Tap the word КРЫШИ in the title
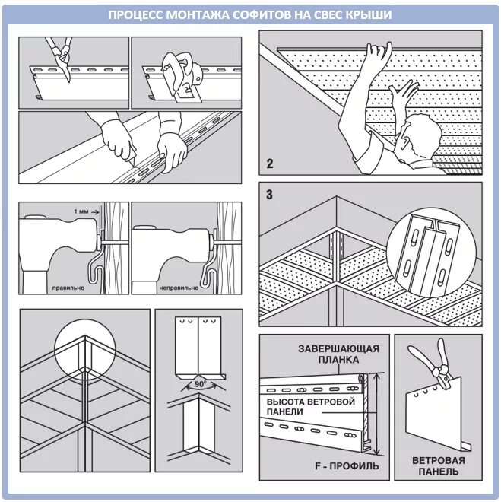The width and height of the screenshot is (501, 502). click(x=368, y=14)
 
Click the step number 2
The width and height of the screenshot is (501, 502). click(x=268, y=162)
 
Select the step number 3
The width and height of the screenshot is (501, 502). click(x=269, y=194)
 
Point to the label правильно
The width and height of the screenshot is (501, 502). click(x=68, y=288)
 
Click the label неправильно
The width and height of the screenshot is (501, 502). click(x=179, y=288)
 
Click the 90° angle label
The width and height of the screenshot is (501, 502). click(x=199, y=385)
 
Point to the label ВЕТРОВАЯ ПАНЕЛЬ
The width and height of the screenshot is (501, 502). click(x=439, y=465)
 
